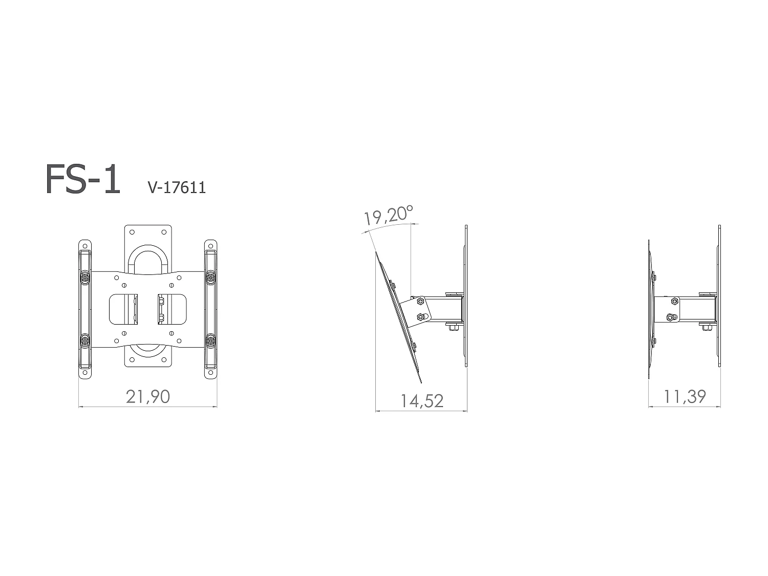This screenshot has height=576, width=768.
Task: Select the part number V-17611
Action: (177, 187)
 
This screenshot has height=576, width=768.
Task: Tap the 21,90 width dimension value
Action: (148, 396)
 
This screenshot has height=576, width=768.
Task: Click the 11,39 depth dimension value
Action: (685, 396)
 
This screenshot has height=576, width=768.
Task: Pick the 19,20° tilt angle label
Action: (388, 215)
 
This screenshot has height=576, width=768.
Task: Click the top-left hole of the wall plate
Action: (132, 232)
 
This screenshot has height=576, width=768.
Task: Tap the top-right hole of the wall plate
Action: (163, 232)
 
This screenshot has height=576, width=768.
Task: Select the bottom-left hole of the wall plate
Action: (132, 359)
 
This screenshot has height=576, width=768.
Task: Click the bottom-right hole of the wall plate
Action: (163, 359)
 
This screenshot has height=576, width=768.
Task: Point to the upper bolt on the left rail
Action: (84, 277)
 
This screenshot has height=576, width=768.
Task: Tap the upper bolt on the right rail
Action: (210, 277)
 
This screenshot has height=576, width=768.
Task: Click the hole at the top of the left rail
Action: (84, 246)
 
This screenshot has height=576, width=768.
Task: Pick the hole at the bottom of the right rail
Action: (210, 372)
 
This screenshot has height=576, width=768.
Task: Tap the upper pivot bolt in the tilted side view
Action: (420, 301)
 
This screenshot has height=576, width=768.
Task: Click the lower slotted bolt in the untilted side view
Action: (671, 317)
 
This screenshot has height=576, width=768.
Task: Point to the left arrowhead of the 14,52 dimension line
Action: (377, 411)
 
